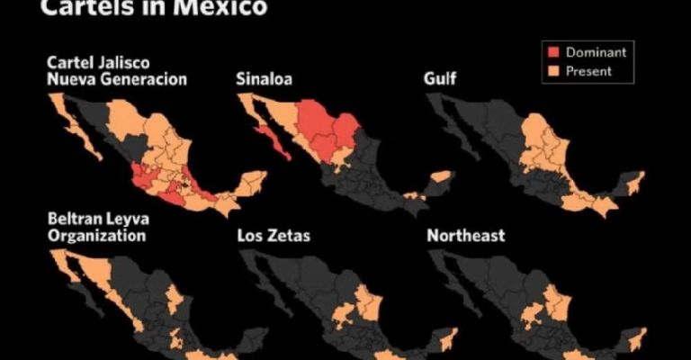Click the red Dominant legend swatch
(553, 52)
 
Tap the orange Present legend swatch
(553, 70)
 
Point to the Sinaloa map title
(265, 79)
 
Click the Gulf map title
(439, 79)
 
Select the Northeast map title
(465, 236)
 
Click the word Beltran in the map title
(77, 220)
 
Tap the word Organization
(98, 236)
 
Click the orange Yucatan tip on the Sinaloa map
(441, 183)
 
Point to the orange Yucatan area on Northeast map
(637, 338)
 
